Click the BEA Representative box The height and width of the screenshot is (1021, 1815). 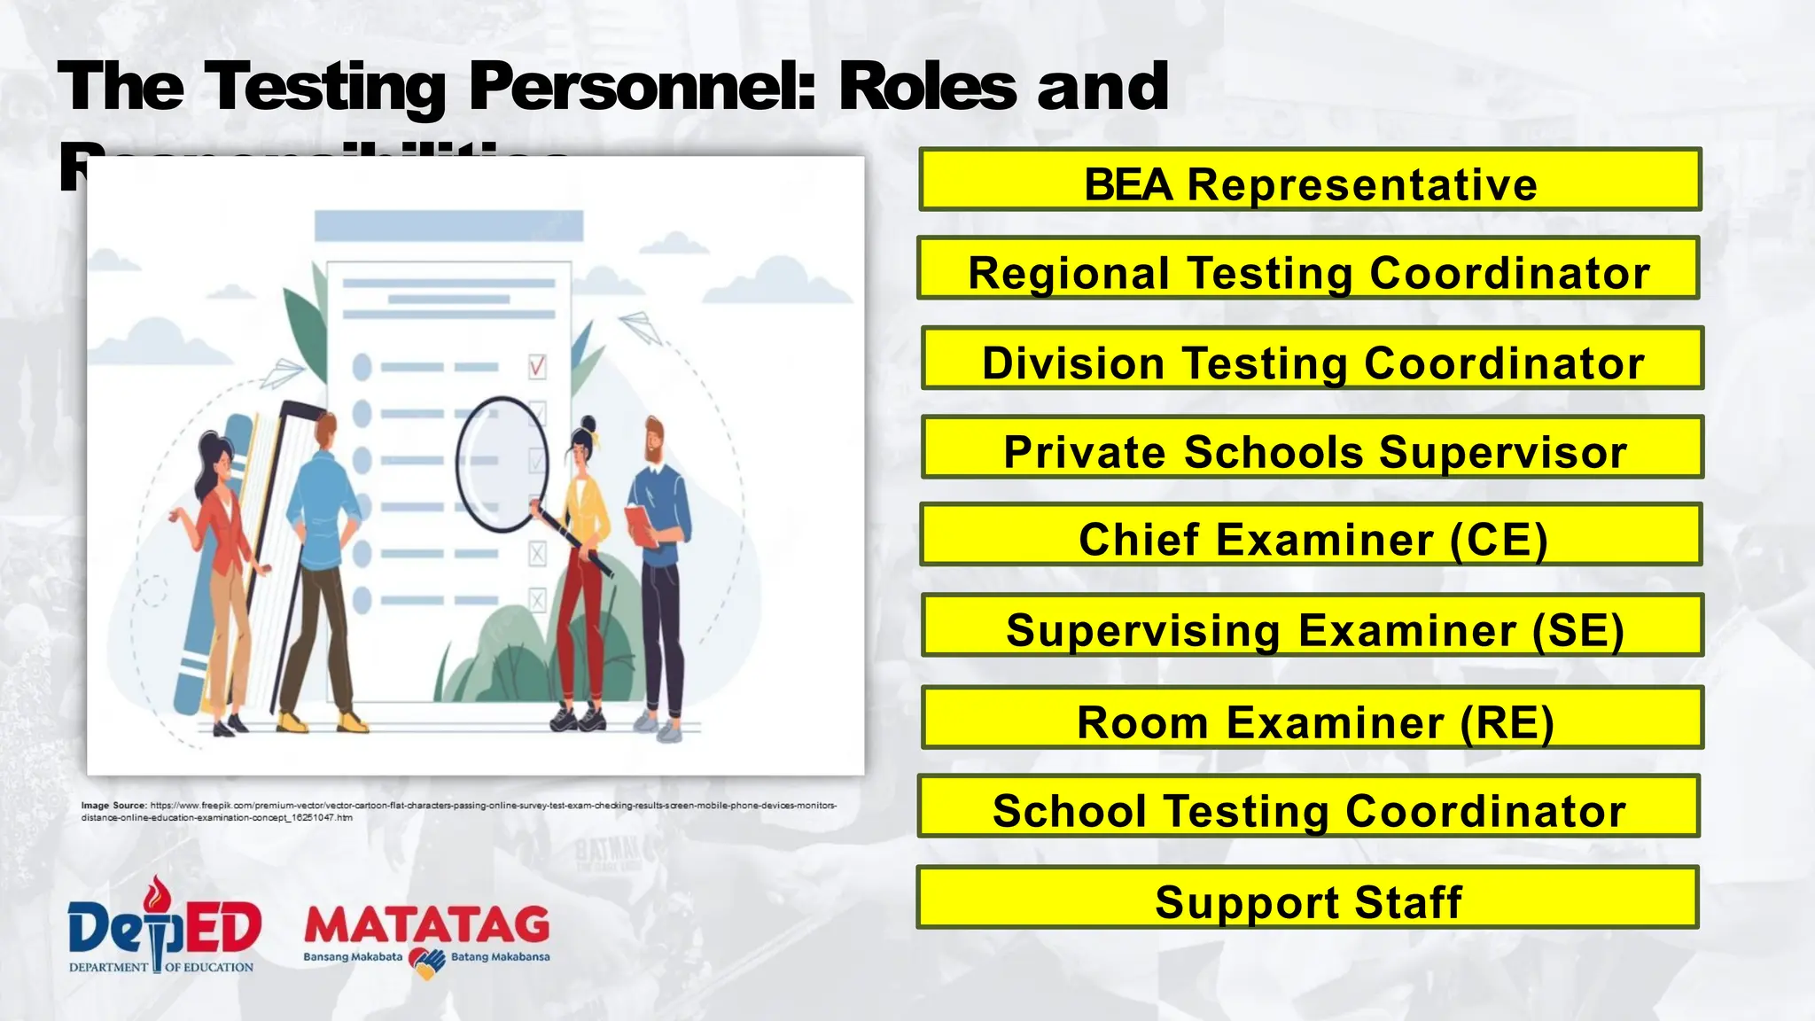[1310, 180]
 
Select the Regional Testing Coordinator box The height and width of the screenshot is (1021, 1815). [1308, 269]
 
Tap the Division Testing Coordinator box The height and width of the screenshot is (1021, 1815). [1312, 358]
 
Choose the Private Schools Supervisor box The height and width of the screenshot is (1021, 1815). [1312, 448]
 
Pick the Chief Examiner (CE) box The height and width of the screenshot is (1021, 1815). [1311, 535]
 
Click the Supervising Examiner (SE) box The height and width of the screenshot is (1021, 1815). [1312, 626]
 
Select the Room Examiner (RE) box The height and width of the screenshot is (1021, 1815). [1312, 718]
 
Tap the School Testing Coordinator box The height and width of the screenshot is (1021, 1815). [1308, 807]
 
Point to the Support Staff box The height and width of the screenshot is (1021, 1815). [1307, 898]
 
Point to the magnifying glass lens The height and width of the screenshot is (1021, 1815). [502, 463]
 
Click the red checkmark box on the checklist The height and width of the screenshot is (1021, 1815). [537, 366]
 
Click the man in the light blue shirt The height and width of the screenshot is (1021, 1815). [323, 567]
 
